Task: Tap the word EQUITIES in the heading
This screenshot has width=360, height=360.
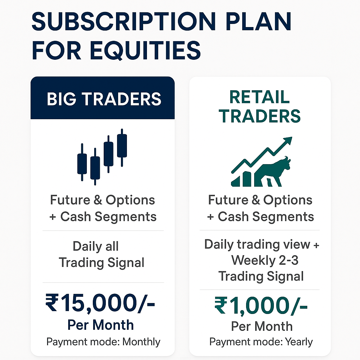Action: click(x=145, y=51)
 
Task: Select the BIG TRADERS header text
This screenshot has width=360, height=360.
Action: click(x=104, y=99)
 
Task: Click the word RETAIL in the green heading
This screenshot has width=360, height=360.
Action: click(x=259, y=97)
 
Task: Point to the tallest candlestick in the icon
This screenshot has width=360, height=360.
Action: click(x=122, y=147)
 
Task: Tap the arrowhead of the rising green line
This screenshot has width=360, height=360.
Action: click(x=288, y=141)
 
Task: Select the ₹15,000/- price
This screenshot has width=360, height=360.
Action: click(x=100, y=303)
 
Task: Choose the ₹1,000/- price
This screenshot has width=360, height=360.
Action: click(x=261, y=306)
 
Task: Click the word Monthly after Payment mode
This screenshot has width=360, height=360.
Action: click(x=141, y=342)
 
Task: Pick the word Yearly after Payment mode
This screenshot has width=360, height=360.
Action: click(x=299, y=342)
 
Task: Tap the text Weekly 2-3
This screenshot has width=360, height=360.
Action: click(x=265, y=261)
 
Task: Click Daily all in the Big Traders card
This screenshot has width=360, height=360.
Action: click(x=96, y=246)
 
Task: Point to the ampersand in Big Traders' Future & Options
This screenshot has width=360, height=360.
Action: click(x=98, y=200)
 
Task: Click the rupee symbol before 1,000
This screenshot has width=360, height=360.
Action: click(x=221, y=305)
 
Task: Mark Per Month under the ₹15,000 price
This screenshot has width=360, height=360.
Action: click(x=101, y=325)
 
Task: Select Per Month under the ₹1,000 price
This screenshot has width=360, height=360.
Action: click(x=262, y=326)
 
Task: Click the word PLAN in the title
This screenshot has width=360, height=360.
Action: click(x=258, y=21)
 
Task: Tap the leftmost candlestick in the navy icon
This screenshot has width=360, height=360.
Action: click(x=82, y=162)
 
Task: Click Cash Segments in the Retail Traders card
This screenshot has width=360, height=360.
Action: click(x=266, y=217)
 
